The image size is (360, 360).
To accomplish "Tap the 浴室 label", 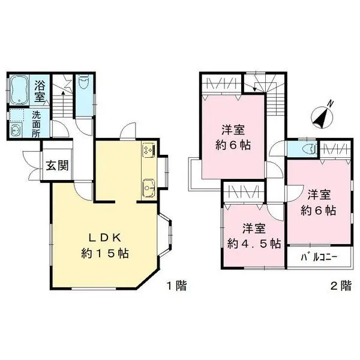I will pos(41,91).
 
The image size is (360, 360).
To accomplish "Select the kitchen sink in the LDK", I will pos(148,188).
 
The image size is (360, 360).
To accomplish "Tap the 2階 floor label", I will pos(341,286).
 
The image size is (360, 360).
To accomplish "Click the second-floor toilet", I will pos(308,149).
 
